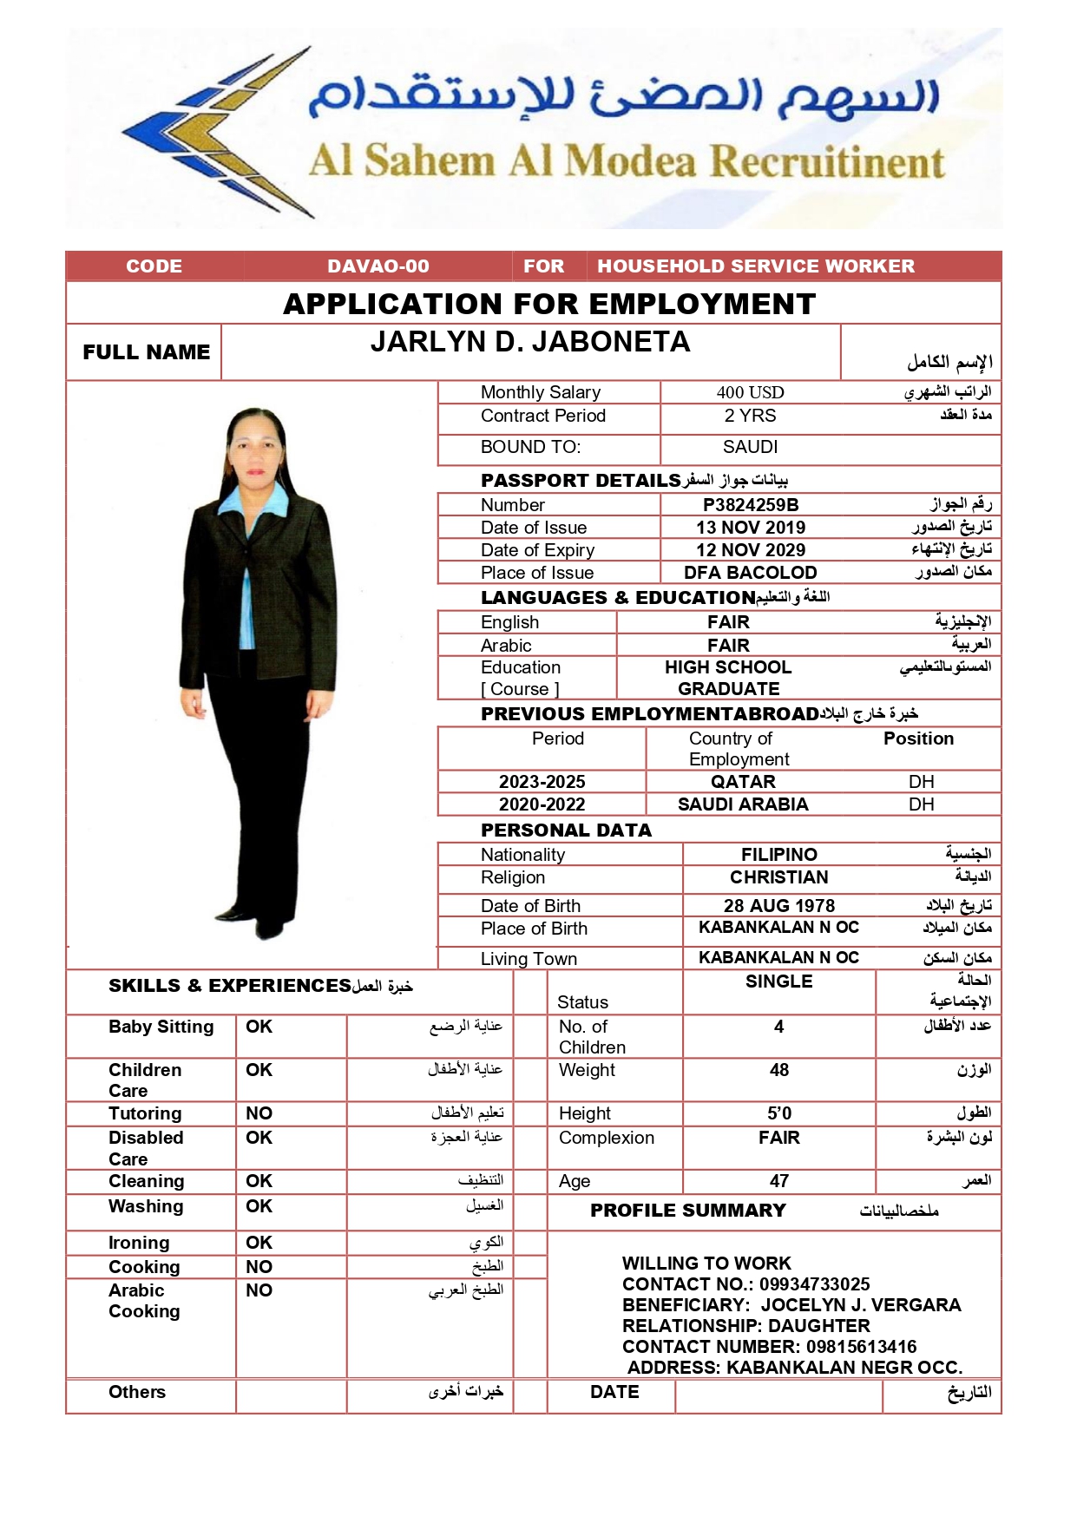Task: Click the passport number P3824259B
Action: [751, 505]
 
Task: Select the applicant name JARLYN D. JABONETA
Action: [530, 343]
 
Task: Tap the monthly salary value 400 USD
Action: [750, 392]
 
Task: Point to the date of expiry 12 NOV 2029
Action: [751, 550]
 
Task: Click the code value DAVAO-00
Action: [378, 266]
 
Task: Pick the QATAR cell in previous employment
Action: [743, 782]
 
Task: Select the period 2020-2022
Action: [542, 804]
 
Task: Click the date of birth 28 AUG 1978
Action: [779, 906]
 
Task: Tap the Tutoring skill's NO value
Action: [259, 1113]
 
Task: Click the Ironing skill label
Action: [139, 1243]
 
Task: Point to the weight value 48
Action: [779, 1070]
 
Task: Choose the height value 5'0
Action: [779, 1113]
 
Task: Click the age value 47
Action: [779, 1181]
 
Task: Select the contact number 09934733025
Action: [814, 1284]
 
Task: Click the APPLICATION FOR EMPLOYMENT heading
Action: [549, 304]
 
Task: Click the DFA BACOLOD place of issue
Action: [751, 573]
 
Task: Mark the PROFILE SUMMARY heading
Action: [687, 1211]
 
